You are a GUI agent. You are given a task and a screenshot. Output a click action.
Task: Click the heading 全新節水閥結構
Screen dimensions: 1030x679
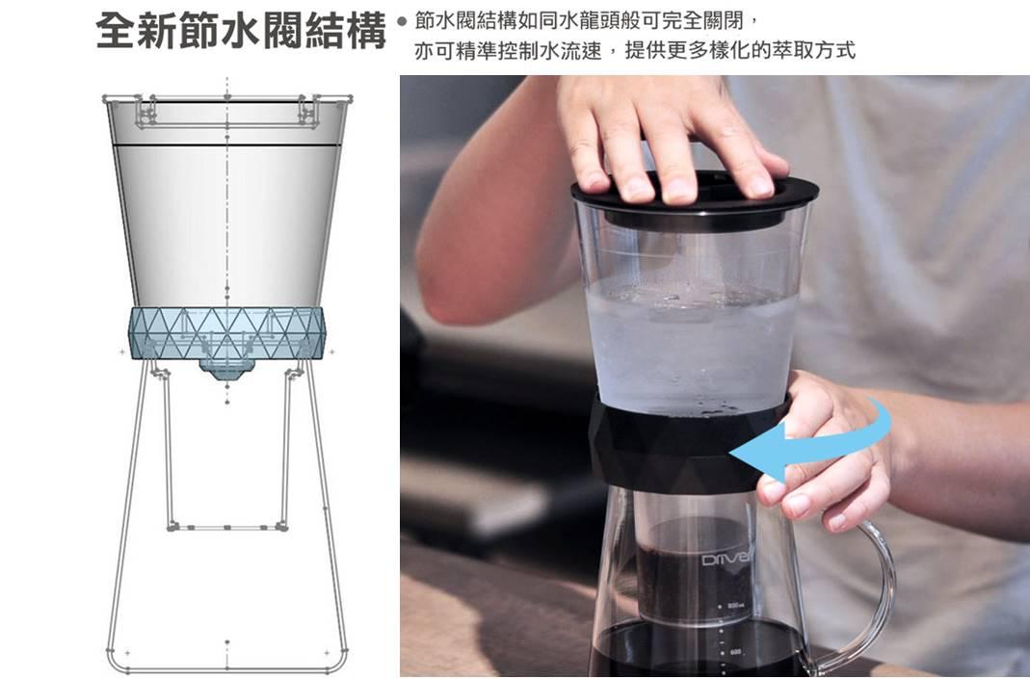(241, 31)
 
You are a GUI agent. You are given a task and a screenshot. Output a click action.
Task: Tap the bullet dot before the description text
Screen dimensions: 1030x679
(402, 21)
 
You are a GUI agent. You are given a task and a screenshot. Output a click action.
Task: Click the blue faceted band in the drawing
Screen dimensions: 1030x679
(226, 333)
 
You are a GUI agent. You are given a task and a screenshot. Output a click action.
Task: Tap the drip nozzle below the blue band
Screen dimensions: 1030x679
(226, 369)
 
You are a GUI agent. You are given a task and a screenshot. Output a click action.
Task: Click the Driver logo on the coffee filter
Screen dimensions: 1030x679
(726, 559)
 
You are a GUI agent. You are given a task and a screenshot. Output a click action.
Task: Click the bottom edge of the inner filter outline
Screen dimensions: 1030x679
(227, 527)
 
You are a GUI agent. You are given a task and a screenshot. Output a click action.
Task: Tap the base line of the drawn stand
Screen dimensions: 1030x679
(226, 669)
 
